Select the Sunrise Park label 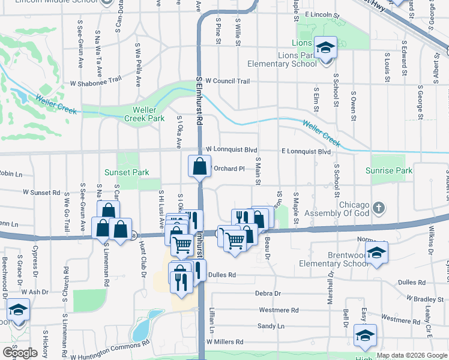(x=389, y=170)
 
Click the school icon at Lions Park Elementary (x=325, y=47)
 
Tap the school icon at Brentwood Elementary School (x=376, y=253)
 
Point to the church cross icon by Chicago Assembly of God (x=378, y=208)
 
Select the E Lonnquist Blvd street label (x=306, y=152)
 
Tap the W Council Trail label (x=228, y=80)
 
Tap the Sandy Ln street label (x=271, y=326)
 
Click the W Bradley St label (x=428, y=298)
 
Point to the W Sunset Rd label (x=41, y=193)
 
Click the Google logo (x=19, y=353)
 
